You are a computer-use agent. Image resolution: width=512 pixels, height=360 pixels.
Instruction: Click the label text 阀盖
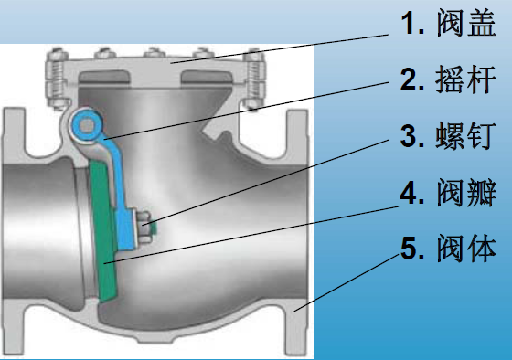pyautogui.click(x=466, y=23)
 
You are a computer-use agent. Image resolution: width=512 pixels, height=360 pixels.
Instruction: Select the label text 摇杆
pyautogui.click(x=466, y=79)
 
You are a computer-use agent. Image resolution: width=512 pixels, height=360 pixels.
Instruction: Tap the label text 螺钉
pyautogui.click(x=466, y=136)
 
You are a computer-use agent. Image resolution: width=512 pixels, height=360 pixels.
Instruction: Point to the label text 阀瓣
pyautogui.click(x=466, y=193)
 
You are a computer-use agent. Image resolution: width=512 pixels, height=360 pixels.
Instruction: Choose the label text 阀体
pyautogui.click(x=466, y=249)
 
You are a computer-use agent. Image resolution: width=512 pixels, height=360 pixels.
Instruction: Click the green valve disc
pyautogui.click(x=104, y=228)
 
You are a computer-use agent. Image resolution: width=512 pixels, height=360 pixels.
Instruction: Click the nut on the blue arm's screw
pyautogui.click(x=145, y=228)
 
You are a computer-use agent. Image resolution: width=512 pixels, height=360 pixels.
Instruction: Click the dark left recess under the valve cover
pyautogui.click(x=104, y=77)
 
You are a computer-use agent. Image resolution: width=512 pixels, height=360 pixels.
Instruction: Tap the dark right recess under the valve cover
pyautogui.click(x=207, y=77)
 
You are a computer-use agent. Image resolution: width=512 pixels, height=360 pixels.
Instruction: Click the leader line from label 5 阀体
pyautogui.click(x=347, y=282)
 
